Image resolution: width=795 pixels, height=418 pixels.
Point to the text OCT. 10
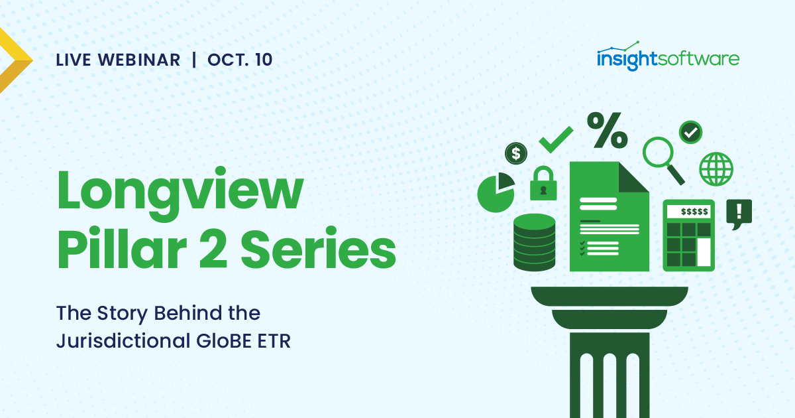(x=240, y=60)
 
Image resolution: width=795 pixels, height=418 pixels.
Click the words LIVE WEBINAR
(x=118, y=60)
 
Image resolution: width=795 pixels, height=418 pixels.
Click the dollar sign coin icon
(x=515, y=153)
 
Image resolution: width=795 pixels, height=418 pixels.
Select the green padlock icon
(x=543, y=184)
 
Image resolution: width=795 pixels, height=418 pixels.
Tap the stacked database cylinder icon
(x=534, y=242)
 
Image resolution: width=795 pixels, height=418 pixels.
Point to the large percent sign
(x=607, y=130)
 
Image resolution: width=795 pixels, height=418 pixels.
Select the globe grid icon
(x=716, y=169)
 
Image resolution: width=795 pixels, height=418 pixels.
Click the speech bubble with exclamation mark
(x=739, y=213)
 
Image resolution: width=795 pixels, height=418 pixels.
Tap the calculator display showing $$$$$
(x=689, y=212)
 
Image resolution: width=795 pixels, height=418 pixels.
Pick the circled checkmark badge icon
(x=691, y=132)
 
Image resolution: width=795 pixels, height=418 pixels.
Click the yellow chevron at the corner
(x=15, y=60)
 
